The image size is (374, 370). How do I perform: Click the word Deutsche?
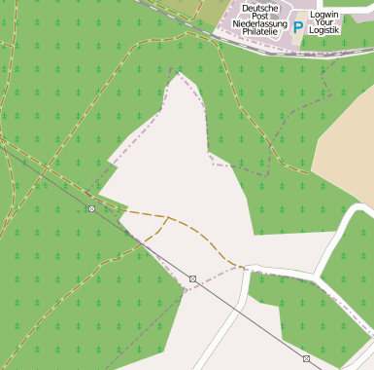pyautogui.click(x=259, y=8)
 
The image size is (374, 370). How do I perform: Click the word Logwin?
pyautogui.click(x=323, y=16)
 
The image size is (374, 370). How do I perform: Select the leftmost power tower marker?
pyautogui.click(x=91, y=208)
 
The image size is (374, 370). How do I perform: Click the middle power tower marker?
pyautogui.click(x=192, y=279)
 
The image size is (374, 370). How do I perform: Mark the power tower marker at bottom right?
pyautogui.click(x=306, y=359)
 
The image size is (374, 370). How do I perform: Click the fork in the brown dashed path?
pyautogui.click(x=169, y=218)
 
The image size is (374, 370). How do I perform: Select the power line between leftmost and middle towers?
pyautogui.click(x=142, y=244)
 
